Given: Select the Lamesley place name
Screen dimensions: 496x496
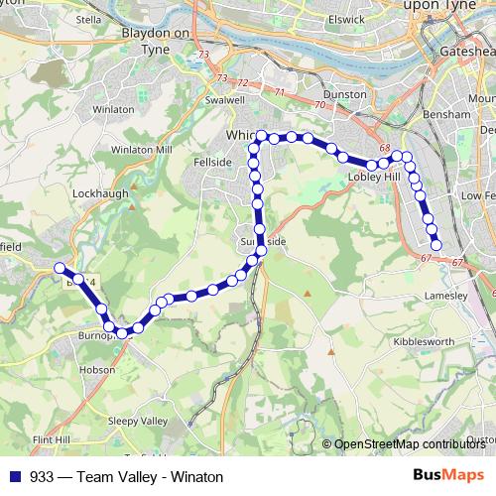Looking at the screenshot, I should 445,296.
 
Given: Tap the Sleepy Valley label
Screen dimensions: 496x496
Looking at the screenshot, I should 137,421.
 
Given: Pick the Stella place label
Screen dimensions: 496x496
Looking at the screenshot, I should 88,19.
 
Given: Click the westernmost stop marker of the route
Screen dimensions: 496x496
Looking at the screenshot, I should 60,268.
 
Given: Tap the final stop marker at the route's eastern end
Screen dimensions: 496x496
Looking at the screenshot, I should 435,243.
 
